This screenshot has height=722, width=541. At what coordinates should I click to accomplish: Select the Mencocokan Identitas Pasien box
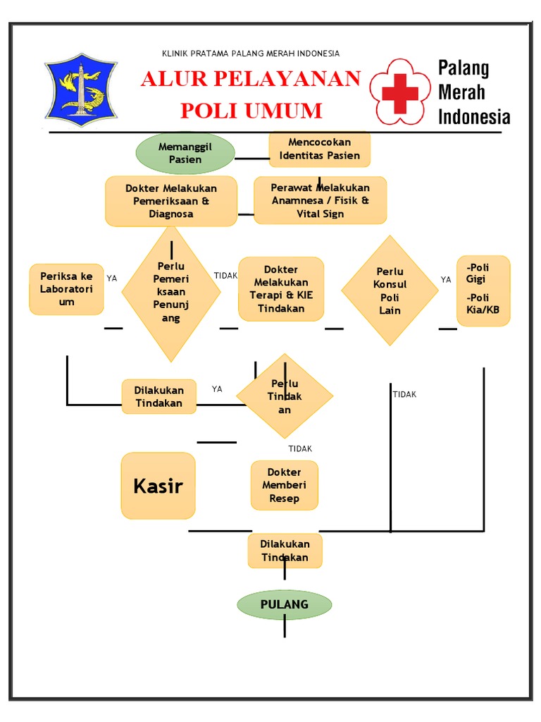click(319, 149)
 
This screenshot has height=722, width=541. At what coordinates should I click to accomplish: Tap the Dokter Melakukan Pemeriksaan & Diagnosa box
click(171, 201)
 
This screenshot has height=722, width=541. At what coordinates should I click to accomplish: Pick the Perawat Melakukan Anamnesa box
click(320, 200)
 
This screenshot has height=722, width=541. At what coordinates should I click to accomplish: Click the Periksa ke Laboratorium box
click(66, 289)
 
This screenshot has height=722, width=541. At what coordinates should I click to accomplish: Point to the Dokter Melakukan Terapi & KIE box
click(281, 289)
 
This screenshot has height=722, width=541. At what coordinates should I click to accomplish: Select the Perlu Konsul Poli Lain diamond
click(390, 290)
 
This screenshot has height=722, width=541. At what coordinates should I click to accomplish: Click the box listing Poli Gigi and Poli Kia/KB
click(483, 290)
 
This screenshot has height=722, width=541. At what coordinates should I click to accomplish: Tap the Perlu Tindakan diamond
click(285, 396)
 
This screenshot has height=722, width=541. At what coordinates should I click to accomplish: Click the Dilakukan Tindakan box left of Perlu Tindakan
click(158, 396)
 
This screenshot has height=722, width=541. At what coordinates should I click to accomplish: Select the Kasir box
click(158, 486)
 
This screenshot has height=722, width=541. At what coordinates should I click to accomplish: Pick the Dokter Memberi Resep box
click(284, 485)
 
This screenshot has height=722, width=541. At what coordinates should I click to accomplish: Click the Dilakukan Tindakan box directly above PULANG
click(285, 550)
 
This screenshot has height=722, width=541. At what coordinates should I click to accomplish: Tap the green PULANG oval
click(284, 604)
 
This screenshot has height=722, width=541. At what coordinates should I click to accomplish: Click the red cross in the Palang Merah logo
click(400, 92)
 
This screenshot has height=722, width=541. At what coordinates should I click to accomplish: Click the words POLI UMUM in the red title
click(251, 111)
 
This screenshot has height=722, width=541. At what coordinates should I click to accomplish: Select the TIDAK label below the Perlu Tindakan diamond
click(300, 448)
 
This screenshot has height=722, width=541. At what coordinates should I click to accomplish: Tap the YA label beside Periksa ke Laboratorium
click(112, 279)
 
